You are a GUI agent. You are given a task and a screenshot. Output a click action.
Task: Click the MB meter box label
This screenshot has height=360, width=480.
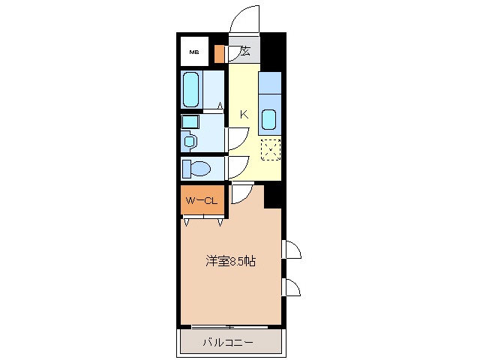tap(194, 52)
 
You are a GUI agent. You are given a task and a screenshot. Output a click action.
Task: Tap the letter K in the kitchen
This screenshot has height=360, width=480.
tap(244, 114)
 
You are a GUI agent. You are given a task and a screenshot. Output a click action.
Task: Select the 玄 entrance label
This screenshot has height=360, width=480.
tap(245, 52)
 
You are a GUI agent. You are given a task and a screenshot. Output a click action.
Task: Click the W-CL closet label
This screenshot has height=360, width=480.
tap(202, 200)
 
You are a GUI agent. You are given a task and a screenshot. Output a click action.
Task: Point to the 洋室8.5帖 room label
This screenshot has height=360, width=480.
tap(231, 262)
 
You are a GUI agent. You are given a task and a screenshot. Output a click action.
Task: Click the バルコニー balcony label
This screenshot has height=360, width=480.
tap(227, 343)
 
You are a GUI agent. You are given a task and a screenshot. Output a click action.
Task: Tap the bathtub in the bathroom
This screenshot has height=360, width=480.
tap(192, 90)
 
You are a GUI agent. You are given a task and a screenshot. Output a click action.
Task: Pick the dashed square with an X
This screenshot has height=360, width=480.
tap(270, 149)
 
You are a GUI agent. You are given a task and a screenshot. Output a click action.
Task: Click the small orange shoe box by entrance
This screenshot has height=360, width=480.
tap(219, 54)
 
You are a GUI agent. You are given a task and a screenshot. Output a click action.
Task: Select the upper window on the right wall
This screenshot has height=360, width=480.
tap(291, 250)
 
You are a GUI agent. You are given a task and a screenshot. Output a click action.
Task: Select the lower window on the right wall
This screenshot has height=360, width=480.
tap(291, 287)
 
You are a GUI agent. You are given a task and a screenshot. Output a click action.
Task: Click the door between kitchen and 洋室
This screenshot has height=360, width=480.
tap(241, 193)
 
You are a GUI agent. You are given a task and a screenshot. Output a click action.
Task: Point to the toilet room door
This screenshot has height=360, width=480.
tap(237, 168)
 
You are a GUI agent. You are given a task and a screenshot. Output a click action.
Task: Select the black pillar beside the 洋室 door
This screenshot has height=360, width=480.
tap(273, 196)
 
